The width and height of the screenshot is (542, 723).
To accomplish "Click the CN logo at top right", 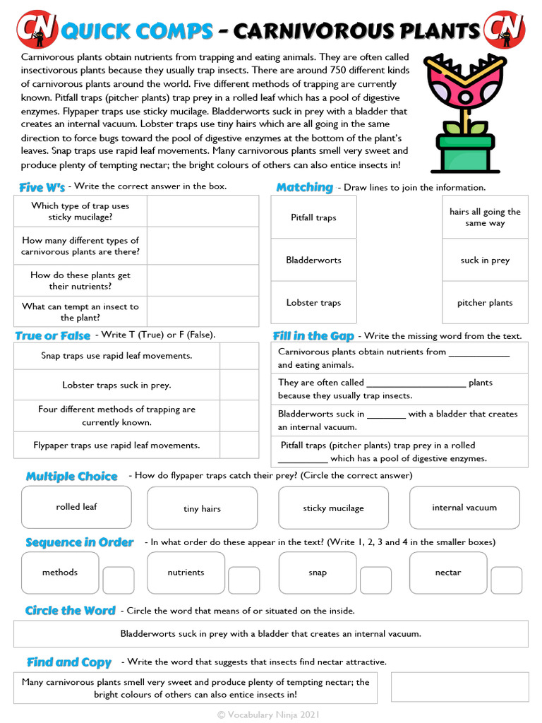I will [x=505, y=29].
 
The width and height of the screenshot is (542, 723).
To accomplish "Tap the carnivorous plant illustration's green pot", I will [x=464, y=151].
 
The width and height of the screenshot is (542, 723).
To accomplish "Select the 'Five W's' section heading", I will [x=42, y=187].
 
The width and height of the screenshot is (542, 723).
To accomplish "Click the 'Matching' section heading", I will [x=304, y=187].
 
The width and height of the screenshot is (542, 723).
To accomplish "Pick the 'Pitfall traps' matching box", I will [x=313, y=217].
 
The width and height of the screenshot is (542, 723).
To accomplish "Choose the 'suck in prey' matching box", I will [x=485, y=260].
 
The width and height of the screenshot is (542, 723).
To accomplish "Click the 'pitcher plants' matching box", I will [x=485, y=302].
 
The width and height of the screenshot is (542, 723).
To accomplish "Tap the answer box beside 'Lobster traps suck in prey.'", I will [x=239, y=385].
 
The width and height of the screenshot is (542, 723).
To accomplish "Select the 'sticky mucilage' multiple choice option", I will [x=333, y=508].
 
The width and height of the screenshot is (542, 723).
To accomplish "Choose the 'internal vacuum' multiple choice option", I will [x=464, y=508].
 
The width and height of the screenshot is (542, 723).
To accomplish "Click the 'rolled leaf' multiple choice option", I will [x=76, y=507].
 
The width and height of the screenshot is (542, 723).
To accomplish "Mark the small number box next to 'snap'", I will [x=375, y=580].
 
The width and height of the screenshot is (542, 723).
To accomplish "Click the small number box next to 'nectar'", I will [x=506, y=580].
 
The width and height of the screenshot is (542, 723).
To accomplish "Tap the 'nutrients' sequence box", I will [x=186, y=573].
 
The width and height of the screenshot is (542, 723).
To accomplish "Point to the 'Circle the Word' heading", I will [x=70, y=611].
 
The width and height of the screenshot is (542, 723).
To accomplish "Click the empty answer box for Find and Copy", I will [x=459, y=687].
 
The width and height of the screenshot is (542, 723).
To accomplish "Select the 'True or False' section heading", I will [x=53, y=335].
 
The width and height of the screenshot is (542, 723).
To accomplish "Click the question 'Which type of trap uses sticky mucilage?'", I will [x=80, y=211].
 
